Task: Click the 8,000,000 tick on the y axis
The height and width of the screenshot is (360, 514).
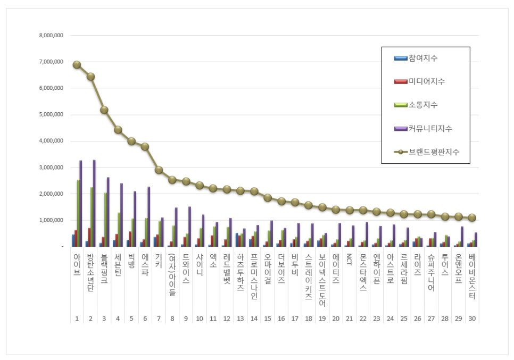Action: tap(51, 36)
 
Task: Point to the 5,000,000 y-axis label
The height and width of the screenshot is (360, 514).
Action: tap(51, 114)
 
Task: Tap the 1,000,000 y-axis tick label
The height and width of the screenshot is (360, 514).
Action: tap(51, 220)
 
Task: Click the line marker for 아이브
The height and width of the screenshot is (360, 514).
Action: tap(77, 65)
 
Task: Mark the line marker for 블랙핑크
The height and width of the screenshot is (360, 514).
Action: tap(104, 110)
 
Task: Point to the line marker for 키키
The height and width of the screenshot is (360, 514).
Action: tap(159, 170)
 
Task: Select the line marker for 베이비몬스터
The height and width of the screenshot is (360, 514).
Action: tap(471, 217)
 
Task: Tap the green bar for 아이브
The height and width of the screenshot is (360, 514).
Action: tap(78, 213)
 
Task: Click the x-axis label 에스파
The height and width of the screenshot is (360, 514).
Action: tap(145, 263)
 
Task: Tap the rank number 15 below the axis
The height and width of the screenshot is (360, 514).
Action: tap(267, 319)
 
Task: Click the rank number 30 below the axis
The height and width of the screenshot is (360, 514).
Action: tap(471, 319)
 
